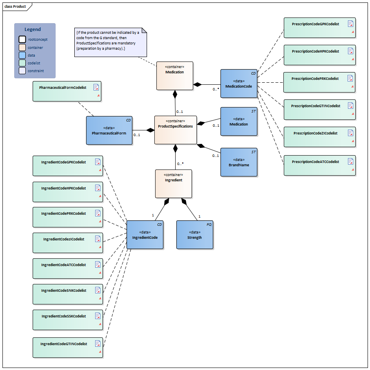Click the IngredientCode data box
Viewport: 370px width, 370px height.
[x=145, y=235]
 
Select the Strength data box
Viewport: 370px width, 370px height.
[x=194, y=235]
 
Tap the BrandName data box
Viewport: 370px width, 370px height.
[x=238, y=162]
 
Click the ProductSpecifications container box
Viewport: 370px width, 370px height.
[x=175, y=130]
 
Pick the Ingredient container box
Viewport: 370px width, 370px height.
[x=174, y=184]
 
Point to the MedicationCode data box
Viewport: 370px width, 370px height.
[x=238, y=84]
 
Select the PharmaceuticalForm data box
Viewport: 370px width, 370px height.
[x=109, y=130]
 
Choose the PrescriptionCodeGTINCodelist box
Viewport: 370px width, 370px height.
[x=319, y=110]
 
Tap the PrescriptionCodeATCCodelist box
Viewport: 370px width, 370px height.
[x=319, y=165]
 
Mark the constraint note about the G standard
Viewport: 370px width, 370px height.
[x=110, y=43]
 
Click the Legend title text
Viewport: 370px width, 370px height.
[x=33, y=29]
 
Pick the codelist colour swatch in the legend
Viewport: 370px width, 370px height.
[x=22, y=63]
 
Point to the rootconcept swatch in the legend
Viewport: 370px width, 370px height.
[x=22, y=40]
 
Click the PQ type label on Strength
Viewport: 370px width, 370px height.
[x=209, y=225]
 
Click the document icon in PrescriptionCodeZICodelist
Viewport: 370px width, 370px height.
[x=350, y=133]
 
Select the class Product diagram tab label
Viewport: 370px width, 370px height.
[x=15, y=7]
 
